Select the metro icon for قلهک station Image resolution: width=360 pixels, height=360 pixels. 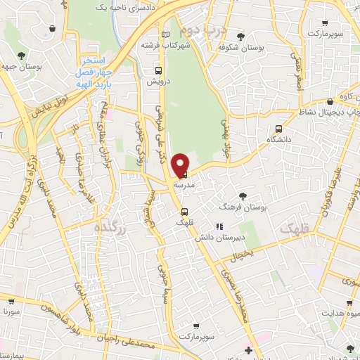click(184, 211)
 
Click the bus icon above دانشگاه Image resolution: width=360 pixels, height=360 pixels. click(279, 129)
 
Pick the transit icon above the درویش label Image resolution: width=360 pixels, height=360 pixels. click(158, 70)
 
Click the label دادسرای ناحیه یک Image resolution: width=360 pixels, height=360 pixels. click(105, 6)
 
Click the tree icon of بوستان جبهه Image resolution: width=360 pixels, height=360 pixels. click(21, 55)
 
